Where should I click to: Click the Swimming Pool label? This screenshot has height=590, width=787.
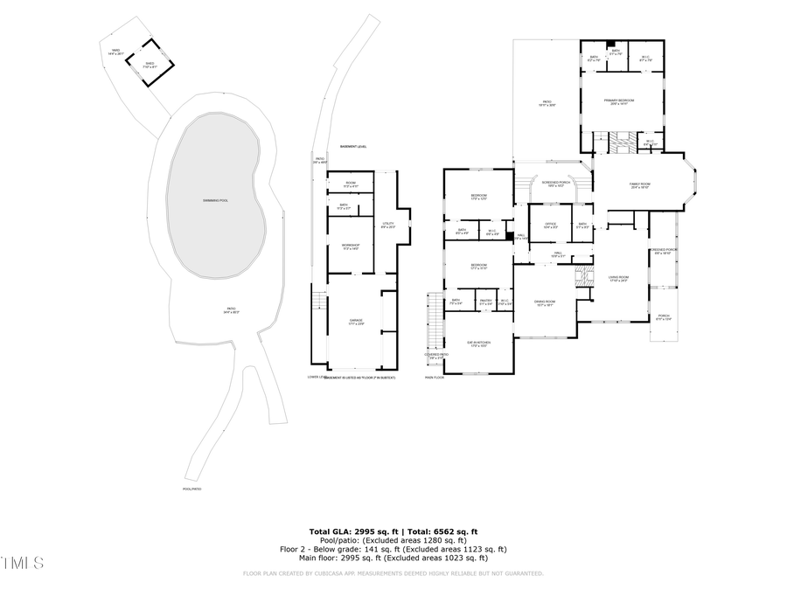pos(215,201)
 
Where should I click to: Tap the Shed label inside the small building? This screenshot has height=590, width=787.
pos(150,64)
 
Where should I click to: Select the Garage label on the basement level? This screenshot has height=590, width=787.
pos(355,323)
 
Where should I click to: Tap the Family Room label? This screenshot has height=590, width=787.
pos(639,185)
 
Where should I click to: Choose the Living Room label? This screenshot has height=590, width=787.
pos(619,279)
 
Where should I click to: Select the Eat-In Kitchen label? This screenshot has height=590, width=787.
pos(477,344)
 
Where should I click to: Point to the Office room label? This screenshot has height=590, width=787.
pos(550,226)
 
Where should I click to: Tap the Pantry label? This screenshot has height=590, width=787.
pos(485,302)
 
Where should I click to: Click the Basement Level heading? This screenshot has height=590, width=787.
pos(352,146)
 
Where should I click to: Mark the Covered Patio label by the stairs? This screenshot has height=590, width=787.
pos(435,356)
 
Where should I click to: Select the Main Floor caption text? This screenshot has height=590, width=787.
pos(435,378)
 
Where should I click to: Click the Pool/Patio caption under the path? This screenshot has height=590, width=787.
pos(192,489)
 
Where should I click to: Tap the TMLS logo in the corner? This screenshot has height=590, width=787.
pos(22,562)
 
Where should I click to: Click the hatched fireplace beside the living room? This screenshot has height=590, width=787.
pos(581,278)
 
